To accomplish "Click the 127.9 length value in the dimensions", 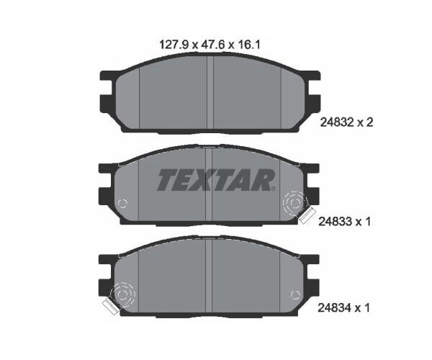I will point(172,44).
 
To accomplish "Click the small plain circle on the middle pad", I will point(122,202).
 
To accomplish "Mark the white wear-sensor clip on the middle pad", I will point(307,215).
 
